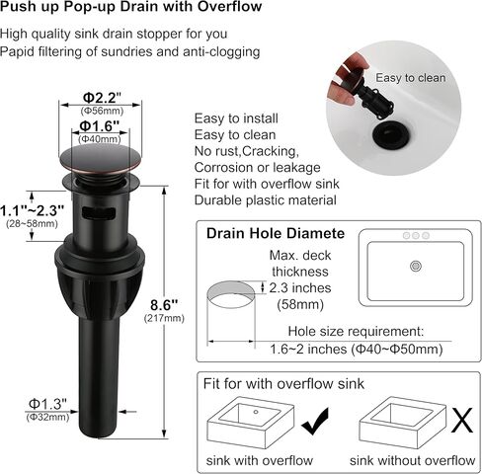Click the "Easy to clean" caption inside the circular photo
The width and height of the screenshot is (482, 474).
pyautogui.click(x=411, y=78)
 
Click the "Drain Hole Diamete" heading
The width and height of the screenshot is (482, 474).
pyautogui.click(x=275, y=234)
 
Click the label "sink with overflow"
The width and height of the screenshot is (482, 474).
pyautogui.click(x=259, y=460)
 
